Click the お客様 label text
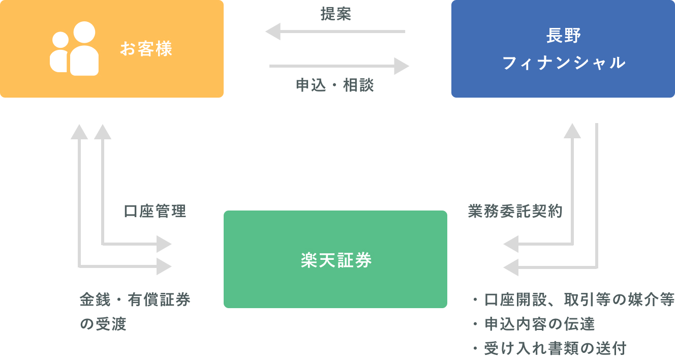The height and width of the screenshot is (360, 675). point(146,48)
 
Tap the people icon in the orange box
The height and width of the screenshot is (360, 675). point(74,48)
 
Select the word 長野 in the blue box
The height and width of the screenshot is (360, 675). point(563,36)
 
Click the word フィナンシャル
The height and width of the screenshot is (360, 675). point(563,63)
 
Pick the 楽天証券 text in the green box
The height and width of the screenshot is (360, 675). point(336,260)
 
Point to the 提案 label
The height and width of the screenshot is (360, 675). point(335,14)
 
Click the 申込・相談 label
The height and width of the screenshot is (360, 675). point(335,85)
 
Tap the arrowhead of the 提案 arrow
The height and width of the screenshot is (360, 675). point(273,32)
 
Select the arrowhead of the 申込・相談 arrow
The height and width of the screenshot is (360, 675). point(402,66)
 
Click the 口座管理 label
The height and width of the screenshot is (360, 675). point(155,211)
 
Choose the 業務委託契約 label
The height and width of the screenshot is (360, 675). point(515,211)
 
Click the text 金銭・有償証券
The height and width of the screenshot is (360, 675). point(135,299)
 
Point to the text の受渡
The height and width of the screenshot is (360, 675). point(103,324)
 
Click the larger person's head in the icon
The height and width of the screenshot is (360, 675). point(84,32)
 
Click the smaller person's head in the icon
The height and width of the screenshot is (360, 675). point(60,40)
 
